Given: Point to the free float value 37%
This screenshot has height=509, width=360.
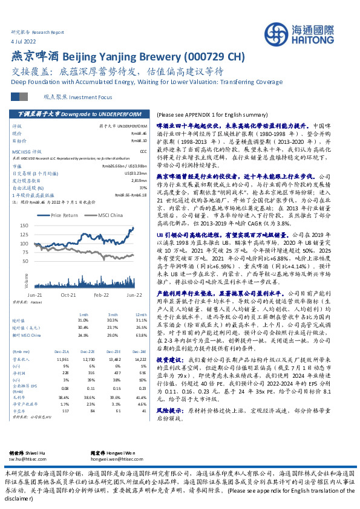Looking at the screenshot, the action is tap(143, 186).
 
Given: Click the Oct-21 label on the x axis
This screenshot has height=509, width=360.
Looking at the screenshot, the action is tap(68, 294).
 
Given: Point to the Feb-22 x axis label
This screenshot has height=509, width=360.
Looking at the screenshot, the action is tap(101, 294).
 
